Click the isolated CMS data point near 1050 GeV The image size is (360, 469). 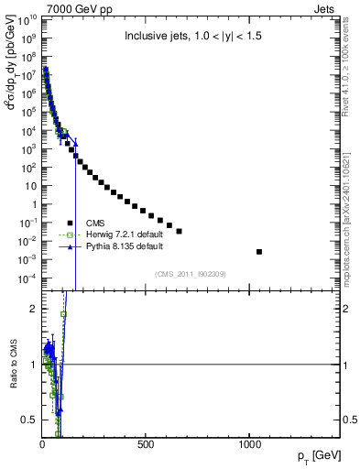(x=259, y=252)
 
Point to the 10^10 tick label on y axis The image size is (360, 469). (x=28, y=19)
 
